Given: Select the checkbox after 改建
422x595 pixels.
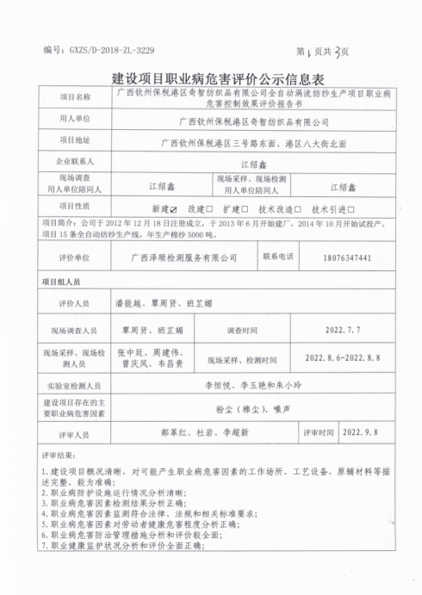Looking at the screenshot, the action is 209,208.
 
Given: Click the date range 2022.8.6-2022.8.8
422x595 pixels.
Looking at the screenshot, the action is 342,359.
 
